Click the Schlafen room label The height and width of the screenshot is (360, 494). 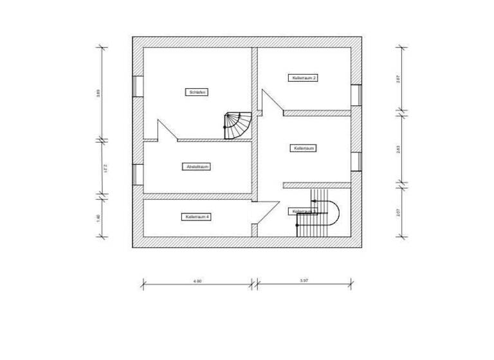click(x=197, y=92)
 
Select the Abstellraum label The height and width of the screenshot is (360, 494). click(x=197, y=166)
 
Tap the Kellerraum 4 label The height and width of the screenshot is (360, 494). click(x=197, y=217)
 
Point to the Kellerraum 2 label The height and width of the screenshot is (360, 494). click(x=304, y=78)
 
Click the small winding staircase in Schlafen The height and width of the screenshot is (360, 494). click(x=237, y=125)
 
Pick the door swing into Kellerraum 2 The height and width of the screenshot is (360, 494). click(x=271, y=102)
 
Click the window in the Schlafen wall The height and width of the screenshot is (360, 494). click(x=138, y=86)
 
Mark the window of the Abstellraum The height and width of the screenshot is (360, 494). click(x=138, y=173)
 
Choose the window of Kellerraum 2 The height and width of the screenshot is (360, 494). click(x=356, y=94)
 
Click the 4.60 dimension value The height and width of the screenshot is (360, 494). click(x=197, y=281)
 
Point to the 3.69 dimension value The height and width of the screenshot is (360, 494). click(x=98, y=92)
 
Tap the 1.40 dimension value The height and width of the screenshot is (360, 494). click(x=98, y=217)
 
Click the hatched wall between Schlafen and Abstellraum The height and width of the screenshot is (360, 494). click(x=212, y=139)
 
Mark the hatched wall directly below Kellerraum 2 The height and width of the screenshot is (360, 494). click(x=316, y=113)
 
